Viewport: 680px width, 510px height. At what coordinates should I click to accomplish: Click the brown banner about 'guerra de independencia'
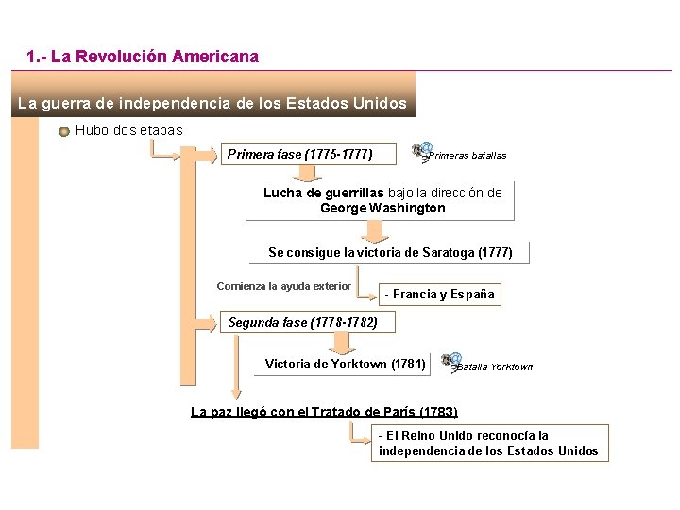212,102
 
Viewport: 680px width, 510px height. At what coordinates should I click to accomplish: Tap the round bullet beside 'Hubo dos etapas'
64,131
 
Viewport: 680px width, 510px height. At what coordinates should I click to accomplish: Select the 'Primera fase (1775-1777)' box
300,154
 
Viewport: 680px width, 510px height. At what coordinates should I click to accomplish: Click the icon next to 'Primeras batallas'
421,151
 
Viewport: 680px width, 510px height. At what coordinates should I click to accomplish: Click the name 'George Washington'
382,208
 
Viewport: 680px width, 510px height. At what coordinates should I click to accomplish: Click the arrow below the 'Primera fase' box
305,173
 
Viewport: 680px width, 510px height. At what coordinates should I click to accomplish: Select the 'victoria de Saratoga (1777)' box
390,253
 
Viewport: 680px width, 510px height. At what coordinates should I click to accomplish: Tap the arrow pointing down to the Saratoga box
377,229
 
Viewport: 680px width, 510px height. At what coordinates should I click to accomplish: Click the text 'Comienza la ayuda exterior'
283,286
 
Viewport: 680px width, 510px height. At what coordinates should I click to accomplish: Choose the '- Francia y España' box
439,295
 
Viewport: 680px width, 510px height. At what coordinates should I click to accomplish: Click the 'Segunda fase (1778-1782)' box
303,323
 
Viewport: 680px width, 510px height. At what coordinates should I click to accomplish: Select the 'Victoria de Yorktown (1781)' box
346,365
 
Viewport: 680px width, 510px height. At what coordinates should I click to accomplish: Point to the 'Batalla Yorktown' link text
495,367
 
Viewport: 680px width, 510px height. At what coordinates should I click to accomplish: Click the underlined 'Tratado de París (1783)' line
324,412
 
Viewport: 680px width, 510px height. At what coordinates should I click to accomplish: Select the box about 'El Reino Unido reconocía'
488,443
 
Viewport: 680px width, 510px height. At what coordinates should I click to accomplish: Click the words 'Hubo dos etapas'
129,131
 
